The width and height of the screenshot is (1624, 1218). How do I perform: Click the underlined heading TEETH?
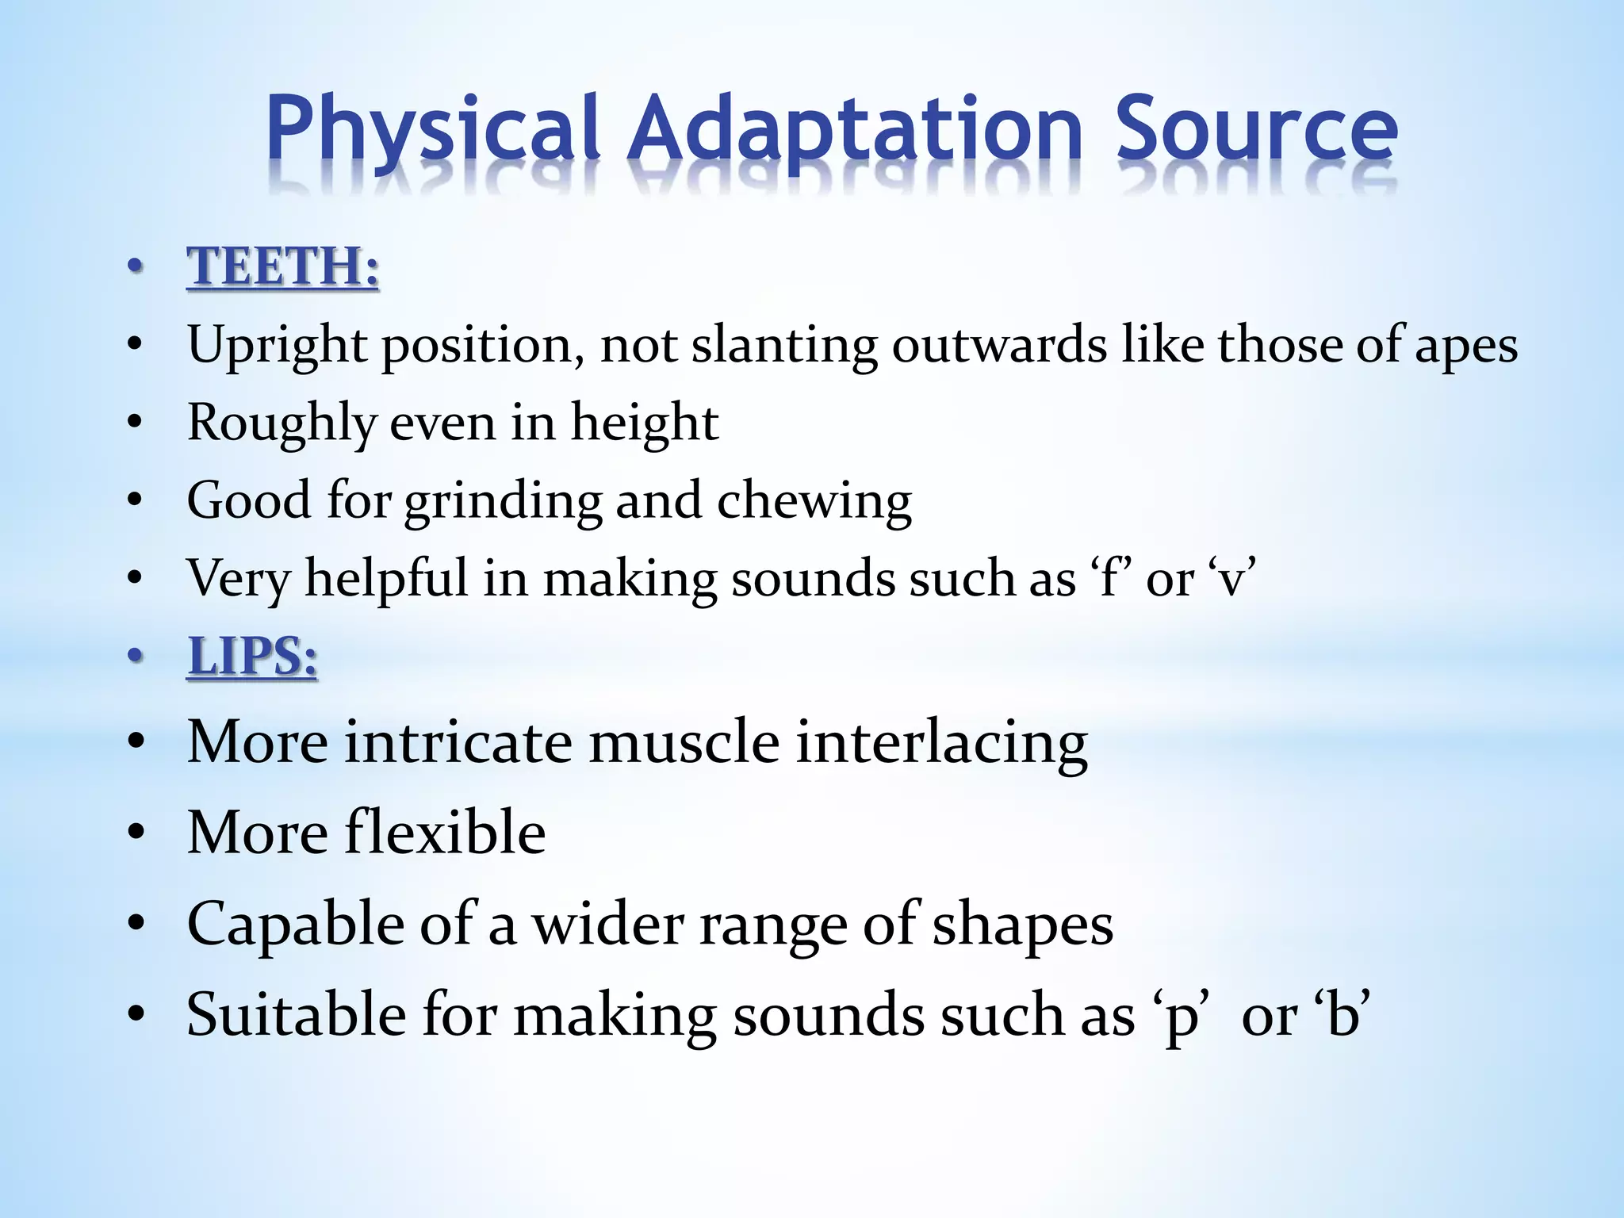(x=282, y=266)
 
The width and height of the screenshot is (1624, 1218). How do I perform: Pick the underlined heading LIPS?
(x=252, y=657)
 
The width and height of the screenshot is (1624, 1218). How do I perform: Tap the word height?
(x=644, y=423)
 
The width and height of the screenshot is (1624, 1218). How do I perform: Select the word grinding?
(x=504, y=502)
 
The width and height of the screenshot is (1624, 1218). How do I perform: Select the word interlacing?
(x=941, y=743)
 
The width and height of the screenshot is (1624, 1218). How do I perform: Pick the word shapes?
(x=1022, y=925)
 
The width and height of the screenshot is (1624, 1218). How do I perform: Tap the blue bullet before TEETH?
(x=136, y=266)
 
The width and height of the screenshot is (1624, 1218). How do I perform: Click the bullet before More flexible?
(x=136, y=833)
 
